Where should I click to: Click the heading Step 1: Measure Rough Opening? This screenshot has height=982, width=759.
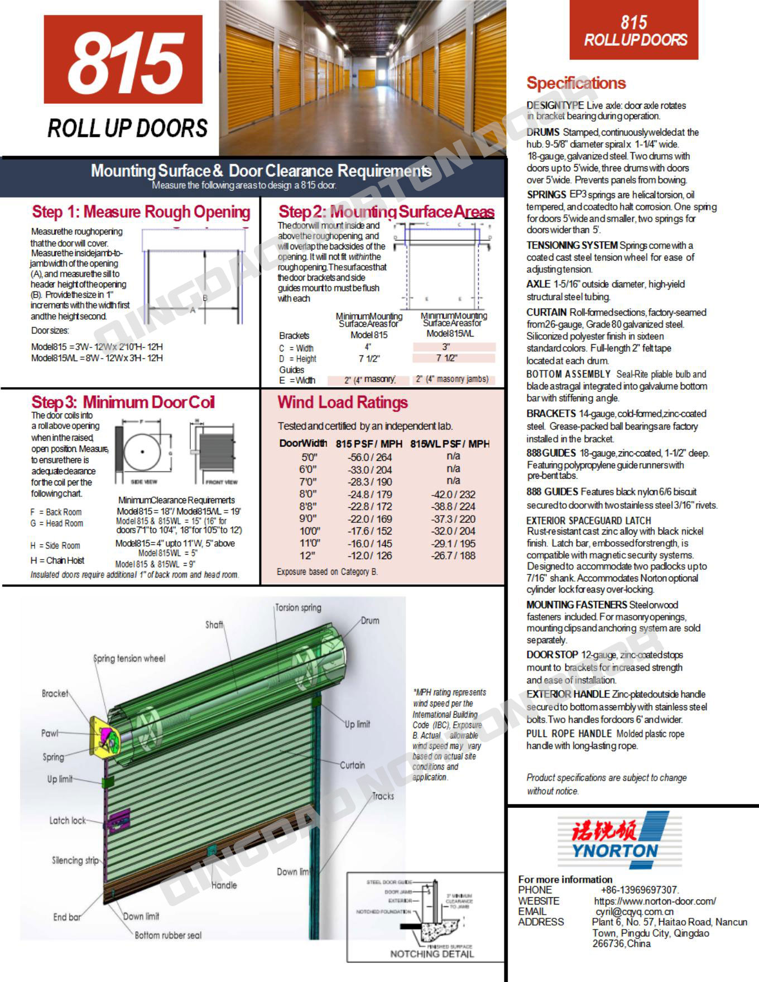point(141,212)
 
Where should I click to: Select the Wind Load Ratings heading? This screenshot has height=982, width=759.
point(342,402)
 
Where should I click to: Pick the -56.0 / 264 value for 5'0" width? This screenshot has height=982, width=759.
point(369,458)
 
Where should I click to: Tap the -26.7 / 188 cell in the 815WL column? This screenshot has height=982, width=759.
point(453,556)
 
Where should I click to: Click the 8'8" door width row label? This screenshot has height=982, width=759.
point(308,507)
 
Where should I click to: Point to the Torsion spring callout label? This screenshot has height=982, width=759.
point(299,608)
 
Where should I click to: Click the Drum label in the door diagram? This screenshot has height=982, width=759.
point(369,620)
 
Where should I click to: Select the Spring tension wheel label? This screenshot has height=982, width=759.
point(129,658)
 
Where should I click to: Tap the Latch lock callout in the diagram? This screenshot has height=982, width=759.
point(68,820)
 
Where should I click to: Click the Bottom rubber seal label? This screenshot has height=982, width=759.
point(168,935)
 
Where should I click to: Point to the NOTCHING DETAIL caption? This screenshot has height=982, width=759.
point(431,954)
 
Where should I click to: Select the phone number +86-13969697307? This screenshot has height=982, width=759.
point(640,890)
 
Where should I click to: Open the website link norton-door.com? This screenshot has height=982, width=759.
point(655,901)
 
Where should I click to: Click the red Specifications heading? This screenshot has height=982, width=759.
point(576,83)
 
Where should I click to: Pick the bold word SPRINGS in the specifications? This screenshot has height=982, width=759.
point(546,195)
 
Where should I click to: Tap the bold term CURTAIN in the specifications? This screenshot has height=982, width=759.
point(546,312)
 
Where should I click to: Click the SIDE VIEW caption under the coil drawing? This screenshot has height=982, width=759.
point(143,482)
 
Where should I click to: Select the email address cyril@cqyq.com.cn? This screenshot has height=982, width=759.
point(635,912)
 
